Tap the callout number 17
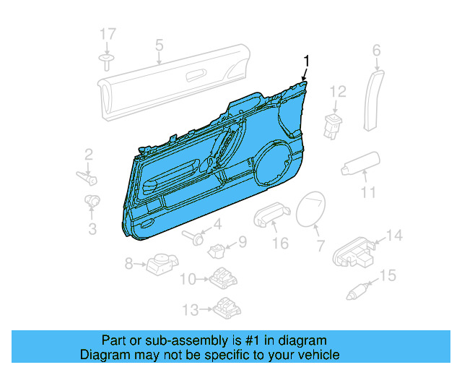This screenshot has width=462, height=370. [107, 34]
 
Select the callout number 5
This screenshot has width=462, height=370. [159, 46]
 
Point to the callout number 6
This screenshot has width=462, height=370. [376, 50]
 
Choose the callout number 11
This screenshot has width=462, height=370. [368, 192]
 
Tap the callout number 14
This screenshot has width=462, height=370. [394, 236]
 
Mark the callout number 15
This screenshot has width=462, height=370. [388, 275]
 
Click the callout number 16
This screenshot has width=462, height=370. [280, 243]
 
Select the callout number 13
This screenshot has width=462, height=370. [190, 309]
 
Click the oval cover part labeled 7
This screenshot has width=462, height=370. [311, 210]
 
